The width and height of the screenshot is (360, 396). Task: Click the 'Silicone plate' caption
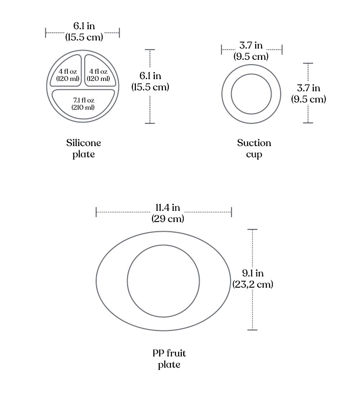pos(83,148)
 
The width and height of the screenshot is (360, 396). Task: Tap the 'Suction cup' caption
pos(254,148)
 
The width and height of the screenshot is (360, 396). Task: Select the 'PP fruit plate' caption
pos(169,359)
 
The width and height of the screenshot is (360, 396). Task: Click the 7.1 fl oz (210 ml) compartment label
pos(83,104)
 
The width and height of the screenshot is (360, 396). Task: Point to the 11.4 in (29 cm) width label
pos(167,213)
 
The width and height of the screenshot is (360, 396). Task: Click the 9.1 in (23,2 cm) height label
pos(253,279)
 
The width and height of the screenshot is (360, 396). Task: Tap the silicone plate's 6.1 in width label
pos(84,31)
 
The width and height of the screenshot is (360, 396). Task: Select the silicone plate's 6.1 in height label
pos(150,81)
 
